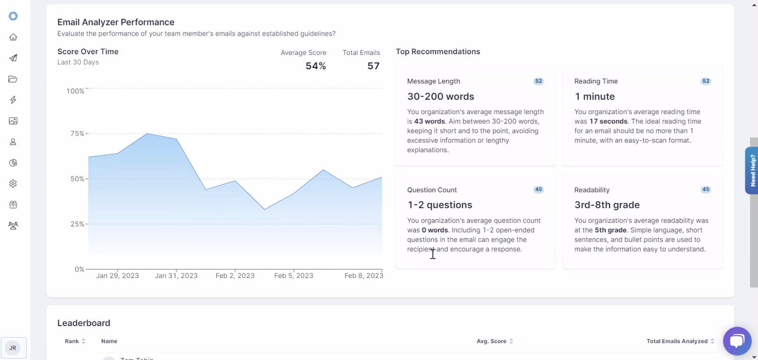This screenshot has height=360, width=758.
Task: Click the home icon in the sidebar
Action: (13, 37)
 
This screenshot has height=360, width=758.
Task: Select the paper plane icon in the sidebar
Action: (13, 58)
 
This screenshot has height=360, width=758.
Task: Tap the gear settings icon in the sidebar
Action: (13, 183)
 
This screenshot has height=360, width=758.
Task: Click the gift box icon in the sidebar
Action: (13, 204)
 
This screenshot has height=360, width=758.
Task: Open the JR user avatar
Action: (13, 348)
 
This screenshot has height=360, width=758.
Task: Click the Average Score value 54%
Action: (316, 66)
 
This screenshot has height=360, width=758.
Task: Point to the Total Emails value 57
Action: (373, 66)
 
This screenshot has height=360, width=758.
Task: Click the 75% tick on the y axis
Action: (77, 133)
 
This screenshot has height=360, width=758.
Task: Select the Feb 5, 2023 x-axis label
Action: (294, 275)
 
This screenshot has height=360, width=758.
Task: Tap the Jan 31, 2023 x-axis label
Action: (176, 275)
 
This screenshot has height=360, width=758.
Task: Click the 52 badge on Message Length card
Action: (538, 81)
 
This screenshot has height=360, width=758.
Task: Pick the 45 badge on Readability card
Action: (705, 189)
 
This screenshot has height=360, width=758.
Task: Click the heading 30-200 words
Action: (441, 97)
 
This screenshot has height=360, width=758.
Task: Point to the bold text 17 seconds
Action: (608, 121)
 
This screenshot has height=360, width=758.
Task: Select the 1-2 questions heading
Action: (440, 205)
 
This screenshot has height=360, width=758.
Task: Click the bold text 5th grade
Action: (611, 230)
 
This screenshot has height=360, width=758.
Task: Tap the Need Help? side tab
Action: (752, 170)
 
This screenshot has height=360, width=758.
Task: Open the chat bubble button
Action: (737, 341)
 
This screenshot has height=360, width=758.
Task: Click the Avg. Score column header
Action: (491, 341)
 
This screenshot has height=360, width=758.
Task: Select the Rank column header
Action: (72, 341)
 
